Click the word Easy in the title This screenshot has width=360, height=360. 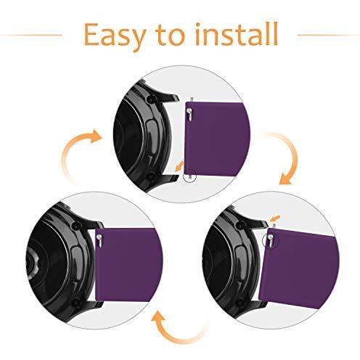[x=114, y=36]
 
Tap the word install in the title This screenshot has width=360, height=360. [x=237, y=34]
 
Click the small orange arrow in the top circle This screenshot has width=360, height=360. [x=179, y=166]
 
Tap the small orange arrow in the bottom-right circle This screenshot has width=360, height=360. [x=276, y=217]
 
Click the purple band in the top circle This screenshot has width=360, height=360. [x=217, y=139]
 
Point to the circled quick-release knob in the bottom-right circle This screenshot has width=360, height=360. [x=270, y=240]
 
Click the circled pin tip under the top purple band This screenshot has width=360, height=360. [x=191, y=177]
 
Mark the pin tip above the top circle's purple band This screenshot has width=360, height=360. [x=192, y=99]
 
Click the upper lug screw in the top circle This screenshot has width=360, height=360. [x=152, y=99]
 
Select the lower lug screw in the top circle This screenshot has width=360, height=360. [x=151, y=176]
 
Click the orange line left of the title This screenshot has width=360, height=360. [x=31, y=36]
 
